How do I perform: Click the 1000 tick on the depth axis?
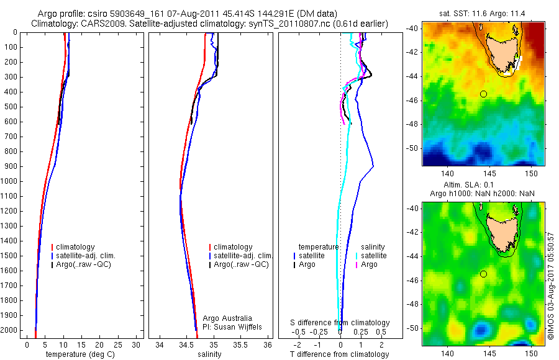pos(10,181)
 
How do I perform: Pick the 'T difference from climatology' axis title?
pos(339,354)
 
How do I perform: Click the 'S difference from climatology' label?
pos(340,323)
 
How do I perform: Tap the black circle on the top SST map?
pos(483,94)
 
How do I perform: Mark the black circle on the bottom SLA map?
pos(483,274)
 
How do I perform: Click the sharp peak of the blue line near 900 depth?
pos(373,166)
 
